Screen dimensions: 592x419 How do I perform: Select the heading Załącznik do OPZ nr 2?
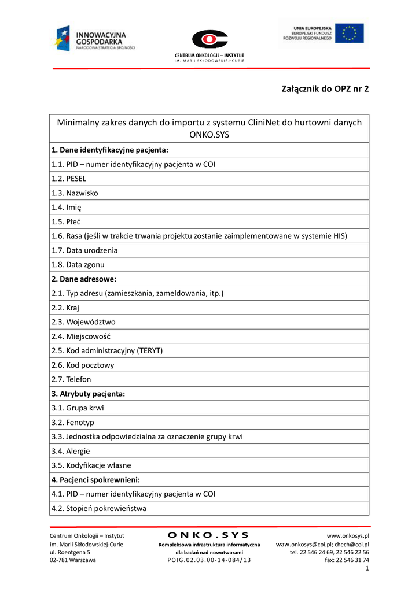point(325,88)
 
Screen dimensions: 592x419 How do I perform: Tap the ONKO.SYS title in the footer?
point(209,535)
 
